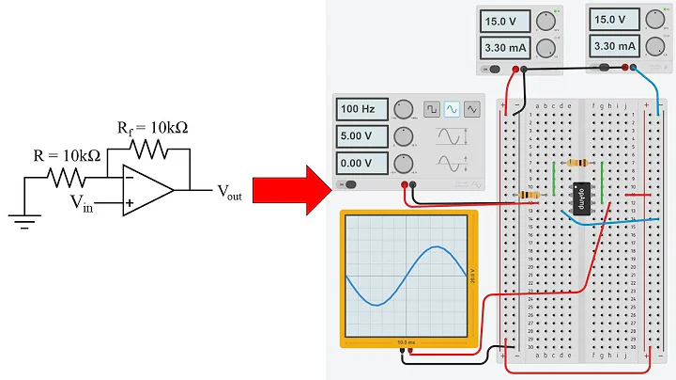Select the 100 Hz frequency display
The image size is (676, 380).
click(360, 110)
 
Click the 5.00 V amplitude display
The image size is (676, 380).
click(360, 137)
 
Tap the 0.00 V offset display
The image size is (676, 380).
click(360, 165)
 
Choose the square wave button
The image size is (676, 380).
click(431, 109)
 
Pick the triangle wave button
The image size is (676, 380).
click(471, 109)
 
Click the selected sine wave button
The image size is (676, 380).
click(452, 109)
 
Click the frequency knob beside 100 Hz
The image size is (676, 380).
click(405, 110)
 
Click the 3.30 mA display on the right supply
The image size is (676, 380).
click(615, 45)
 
